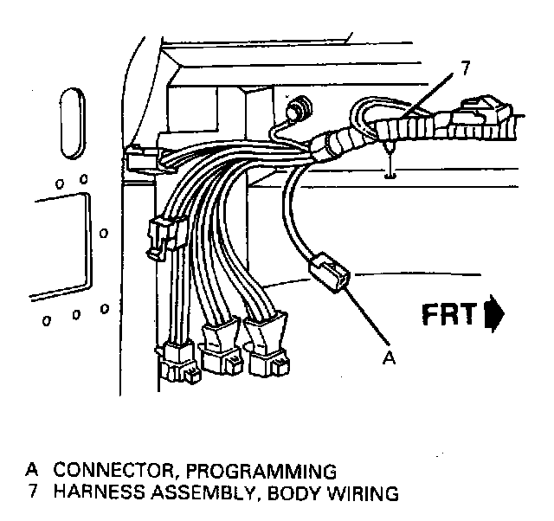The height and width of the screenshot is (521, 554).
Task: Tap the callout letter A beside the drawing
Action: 390,356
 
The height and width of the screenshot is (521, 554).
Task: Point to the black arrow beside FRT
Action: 495,314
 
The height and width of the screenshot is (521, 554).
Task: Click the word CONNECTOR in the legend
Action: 106,471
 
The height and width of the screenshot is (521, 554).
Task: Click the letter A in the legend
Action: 32,471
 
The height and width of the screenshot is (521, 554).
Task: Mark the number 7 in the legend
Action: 32,494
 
